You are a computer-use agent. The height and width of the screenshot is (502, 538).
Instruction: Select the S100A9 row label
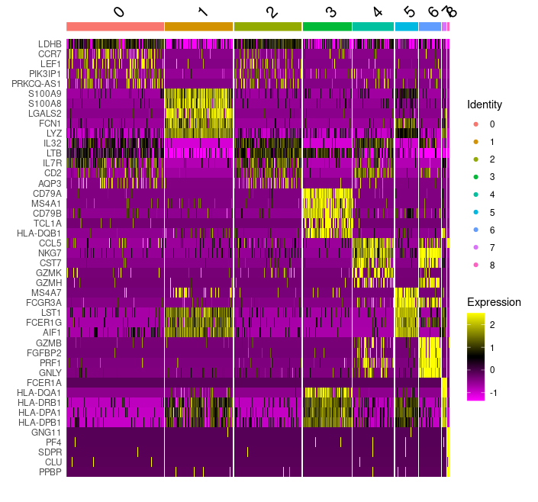(x=44, y=93)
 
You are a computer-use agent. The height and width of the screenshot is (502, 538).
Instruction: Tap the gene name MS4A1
(x=46, y=203)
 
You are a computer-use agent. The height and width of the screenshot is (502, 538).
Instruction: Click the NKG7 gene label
(x=49, y=253)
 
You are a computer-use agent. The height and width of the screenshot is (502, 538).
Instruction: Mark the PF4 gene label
(x=53, y=442)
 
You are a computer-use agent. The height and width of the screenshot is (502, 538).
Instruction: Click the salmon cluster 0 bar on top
(x=115, y=27)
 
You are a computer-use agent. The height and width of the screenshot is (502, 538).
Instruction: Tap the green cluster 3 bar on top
(x=327, y=27)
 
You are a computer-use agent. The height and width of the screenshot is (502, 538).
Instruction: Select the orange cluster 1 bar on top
(x=198, y=27)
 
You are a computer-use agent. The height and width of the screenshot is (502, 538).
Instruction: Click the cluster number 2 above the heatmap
(x=272, y=12)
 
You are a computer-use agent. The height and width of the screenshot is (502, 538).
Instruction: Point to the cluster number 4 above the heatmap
(x=378, y=12)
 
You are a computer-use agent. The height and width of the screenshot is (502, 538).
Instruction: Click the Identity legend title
(x=485, y=104)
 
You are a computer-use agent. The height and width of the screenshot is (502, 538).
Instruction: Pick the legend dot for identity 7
(x=475, y=247)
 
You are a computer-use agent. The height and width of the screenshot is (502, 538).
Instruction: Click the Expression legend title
(x=494, y=302)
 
